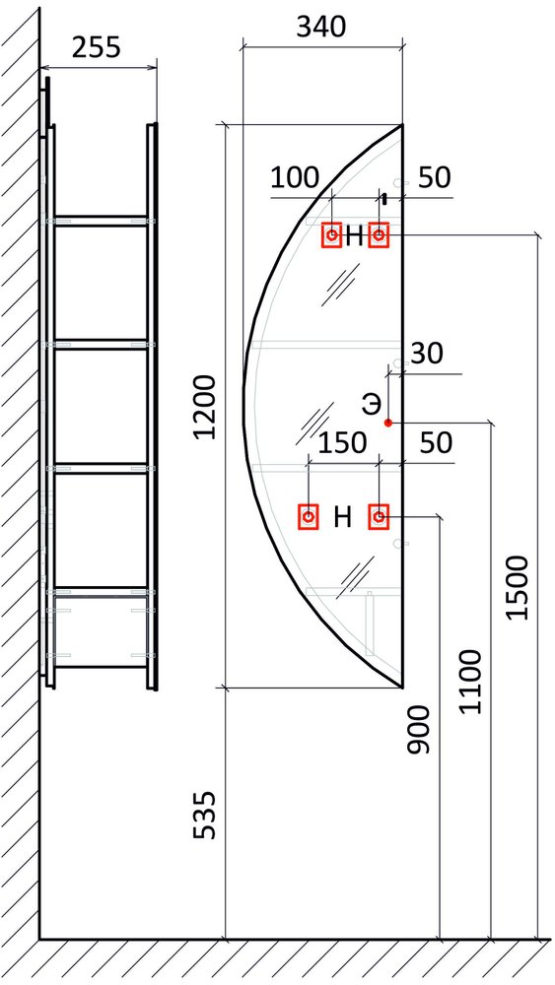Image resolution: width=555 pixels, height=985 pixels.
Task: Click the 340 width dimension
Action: click(320, 27)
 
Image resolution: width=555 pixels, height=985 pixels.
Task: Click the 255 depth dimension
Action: click(97, 47)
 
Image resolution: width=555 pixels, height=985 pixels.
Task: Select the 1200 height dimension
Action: click(206, 407)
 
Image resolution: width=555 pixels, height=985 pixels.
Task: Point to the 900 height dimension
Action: click(418, 729)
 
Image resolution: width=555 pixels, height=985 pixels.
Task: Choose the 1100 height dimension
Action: click(470, 683)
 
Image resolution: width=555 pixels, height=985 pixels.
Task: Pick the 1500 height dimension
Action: click(520, 587)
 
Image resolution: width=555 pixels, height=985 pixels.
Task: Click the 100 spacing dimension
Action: click(295, 178)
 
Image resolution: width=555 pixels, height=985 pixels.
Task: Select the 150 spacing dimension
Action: click(342, 443)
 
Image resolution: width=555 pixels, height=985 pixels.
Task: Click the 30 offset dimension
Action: click(427, 355)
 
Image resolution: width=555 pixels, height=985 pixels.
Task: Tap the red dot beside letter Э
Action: click(388, 423)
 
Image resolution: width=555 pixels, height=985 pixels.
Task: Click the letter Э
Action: click(371, 405)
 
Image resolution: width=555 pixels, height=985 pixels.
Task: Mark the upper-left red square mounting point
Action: click(331, 235)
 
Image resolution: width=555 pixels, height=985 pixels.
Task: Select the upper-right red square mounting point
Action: click(379, 235)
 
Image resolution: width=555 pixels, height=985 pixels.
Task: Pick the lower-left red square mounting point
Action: click(309, 517)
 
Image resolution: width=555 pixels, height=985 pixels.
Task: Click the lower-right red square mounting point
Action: click(379, 517)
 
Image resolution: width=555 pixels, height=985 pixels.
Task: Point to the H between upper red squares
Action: click(355, 236)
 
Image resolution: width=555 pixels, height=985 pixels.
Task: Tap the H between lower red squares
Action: click(342, 518)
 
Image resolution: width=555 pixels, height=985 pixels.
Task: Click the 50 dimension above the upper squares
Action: click(435, 178)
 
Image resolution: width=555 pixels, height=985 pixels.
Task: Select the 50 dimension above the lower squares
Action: click(436, 443)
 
